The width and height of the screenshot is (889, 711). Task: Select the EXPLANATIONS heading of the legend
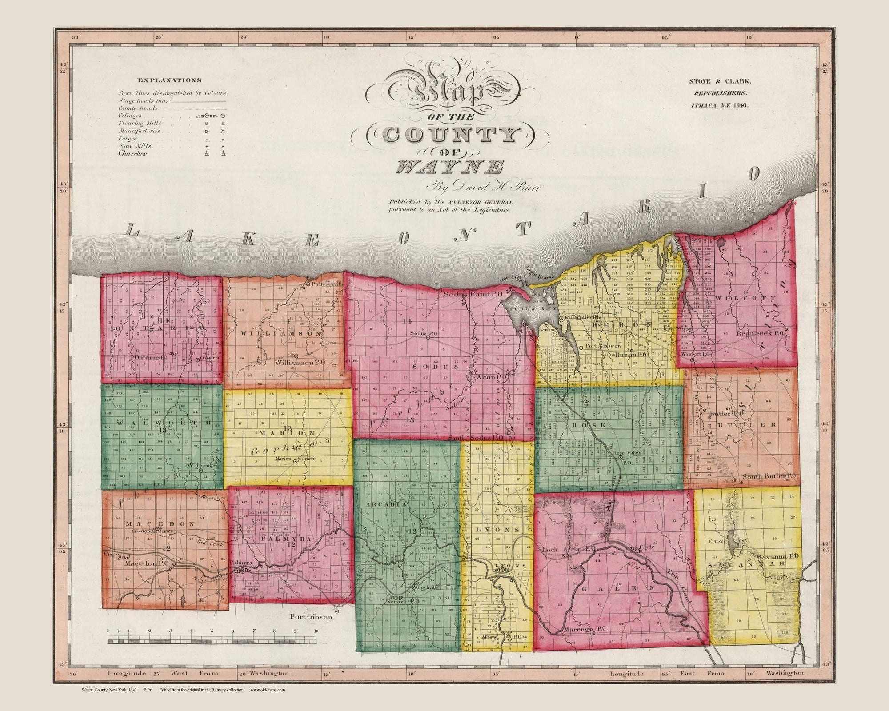(x=169, y=80)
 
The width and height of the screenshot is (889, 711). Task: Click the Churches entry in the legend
(x=132, y=153)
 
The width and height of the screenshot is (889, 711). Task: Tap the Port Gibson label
(x=311, y=616)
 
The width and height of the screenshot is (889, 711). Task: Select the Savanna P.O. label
(x=773, y=556)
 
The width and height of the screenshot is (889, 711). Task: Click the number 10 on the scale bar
(x=316, y=631)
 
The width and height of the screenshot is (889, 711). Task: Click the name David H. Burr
(x=485, y=188)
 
